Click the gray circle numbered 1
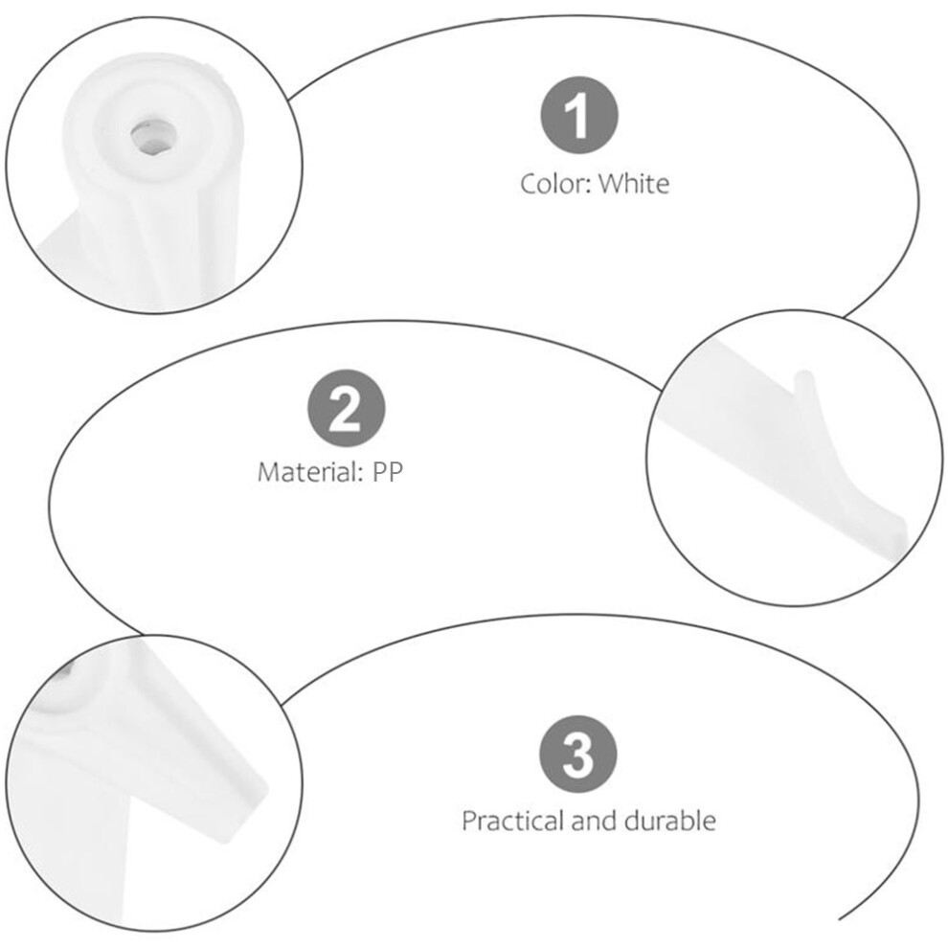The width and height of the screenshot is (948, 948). click(x=579, y=115)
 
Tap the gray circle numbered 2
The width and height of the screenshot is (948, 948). click(x=347, y=408)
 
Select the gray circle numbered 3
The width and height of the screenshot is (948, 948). click(x=578, y=754)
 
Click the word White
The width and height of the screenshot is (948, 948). click(x=634, y=184)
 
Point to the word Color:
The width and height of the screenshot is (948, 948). click(x=555, y=184)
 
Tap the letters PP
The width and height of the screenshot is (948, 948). click(x=388, y=471)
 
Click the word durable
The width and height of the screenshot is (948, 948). click(x=670, y=821)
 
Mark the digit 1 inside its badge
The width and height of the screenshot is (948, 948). click(x=578, y=115)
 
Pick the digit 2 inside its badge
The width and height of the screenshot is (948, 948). click(x=346, y=408)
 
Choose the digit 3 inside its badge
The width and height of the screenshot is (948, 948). click(x=578, y=754)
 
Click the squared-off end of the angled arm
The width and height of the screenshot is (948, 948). click(x=247, y=813)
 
